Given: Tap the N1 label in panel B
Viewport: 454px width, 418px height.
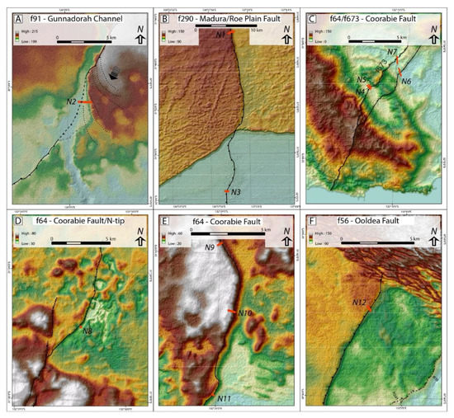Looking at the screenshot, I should [220, 35].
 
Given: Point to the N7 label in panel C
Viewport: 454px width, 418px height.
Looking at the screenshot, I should [393, 53].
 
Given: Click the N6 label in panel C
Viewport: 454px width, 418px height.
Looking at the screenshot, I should [406, 82].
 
